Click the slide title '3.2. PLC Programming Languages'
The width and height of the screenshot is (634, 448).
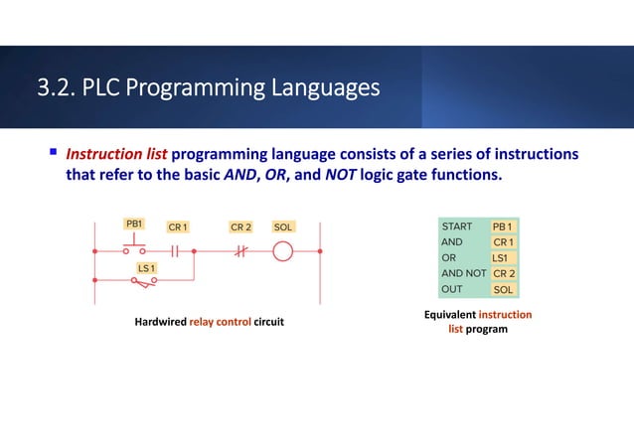click(x=208, y=89)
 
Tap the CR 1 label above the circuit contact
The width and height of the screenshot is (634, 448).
click(x=178, y=227)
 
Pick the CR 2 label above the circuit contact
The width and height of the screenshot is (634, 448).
click(x=240, y=227)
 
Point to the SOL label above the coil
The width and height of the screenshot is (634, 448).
click(x=283, y=227)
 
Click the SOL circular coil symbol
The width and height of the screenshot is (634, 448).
click(x=283, y=251)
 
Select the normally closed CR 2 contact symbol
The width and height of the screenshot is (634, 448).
click(x=239, y=251)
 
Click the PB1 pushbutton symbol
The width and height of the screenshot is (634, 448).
click(x=134, y=247)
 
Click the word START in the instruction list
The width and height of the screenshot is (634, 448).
click(x=457, y=226)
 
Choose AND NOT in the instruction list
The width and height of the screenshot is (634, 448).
click(x=463, y=273)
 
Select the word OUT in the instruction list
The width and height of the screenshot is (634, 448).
click(x=451, y=289)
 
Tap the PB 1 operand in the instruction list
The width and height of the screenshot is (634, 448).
click(x=504, y=226)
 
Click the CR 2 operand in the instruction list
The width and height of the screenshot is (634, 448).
click(x=504, y=273)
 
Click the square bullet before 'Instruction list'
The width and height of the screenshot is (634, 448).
click(x=54, y=155)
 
